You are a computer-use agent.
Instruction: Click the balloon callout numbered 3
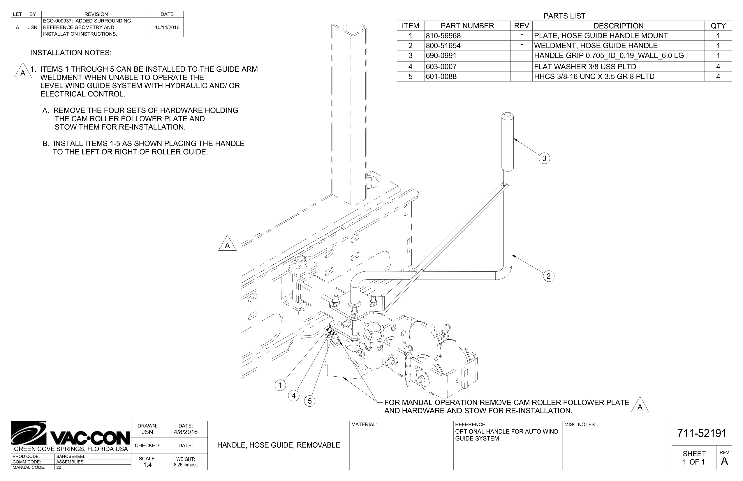pos(544,158)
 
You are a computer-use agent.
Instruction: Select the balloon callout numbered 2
pos(548,276)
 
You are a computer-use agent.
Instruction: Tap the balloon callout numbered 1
pos(280,385)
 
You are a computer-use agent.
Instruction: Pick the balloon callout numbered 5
pos(309,401)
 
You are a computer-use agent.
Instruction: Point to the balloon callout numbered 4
pos(293,396)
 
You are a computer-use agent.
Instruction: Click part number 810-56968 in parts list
pos(443,36)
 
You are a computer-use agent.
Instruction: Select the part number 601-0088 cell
pos(441,76)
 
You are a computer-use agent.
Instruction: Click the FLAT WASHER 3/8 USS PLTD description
pos(585,66)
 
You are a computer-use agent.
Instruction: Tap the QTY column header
pos(718,26)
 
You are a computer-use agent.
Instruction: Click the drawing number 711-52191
pos(702,433)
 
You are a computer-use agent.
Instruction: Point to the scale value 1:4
pos(147,465)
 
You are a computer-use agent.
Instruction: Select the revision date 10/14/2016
pos(167,27)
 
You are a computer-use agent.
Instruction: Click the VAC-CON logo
pos(71,434)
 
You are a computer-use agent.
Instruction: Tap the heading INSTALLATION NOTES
pos(71,53)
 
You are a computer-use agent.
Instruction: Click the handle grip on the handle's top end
pos(508,142)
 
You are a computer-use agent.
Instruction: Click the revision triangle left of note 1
pos(22,71)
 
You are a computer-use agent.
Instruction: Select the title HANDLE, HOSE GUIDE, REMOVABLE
pos(278,445)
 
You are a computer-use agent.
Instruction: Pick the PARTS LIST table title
pos(564,16)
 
